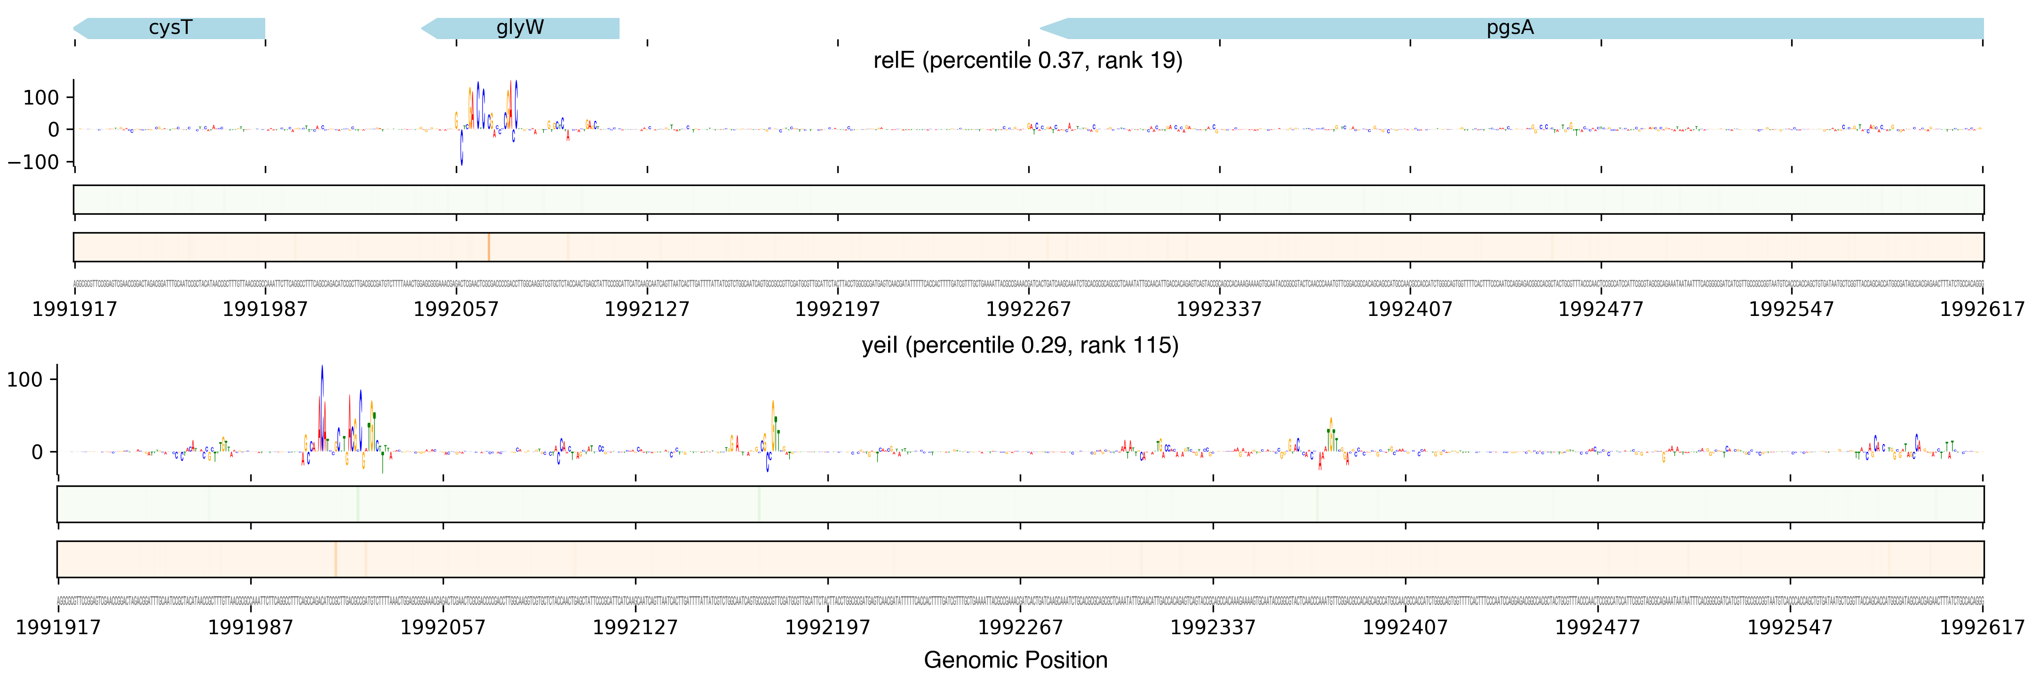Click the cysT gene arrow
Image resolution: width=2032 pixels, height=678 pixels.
[170, 28]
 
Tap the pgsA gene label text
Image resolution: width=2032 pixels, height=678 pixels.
[1510, 28]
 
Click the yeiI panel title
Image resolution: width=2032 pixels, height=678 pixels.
[1019, 346]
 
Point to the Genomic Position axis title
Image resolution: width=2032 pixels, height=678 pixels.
[1015, 660]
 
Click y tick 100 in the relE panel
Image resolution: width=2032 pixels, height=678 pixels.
[41, 98]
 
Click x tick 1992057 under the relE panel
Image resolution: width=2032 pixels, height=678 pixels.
[456, 308]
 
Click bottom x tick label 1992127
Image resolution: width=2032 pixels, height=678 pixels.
[635, 628]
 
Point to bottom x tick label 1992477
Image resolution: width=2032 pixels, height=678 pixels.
[1597, 628]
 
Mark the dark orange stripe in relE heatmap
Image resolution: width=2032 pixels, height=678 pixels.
[488, 247]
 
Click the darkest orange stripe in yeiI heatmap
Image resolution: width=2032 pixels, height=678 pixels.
[335, 559]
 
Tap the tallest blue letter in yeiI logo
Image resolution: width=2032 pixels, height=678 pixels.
[322, 395]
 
